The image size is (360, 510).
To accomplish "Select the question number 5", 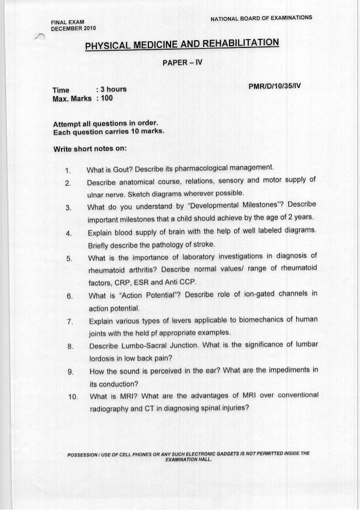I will pyautogui.click(x=67, y=259).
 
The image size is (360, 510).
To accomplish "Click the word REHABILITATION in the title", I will pyautogui.click(x=231, y=43).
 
